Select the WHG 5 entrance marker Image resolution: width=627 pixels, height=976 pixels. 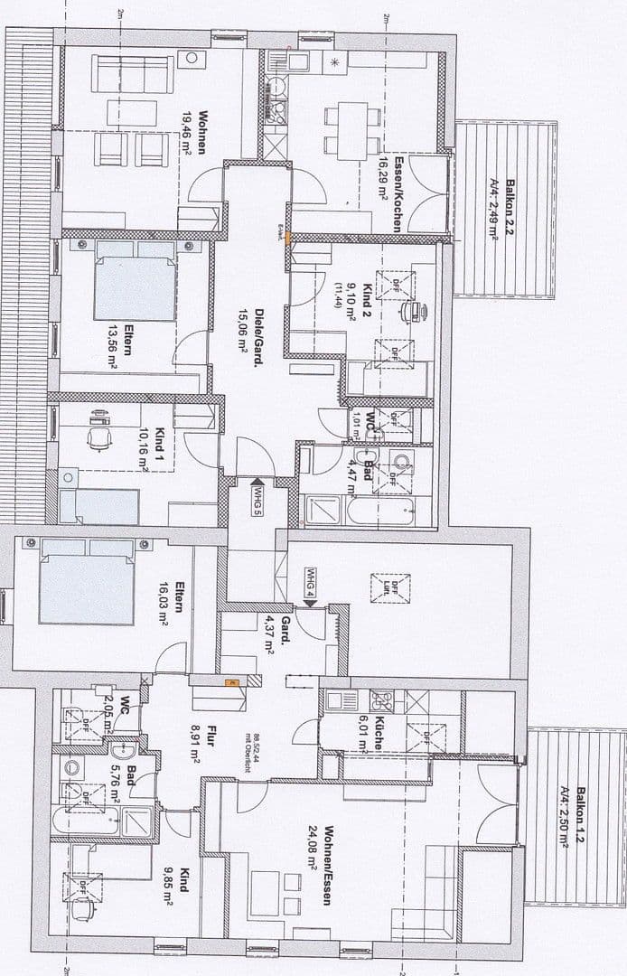tap(257, 498)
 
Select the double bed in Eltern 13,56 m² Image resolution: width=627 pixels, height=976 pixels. tap(136, 281)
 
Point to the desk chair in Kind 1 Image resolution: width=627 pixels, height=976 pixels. tap(98, 436)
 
